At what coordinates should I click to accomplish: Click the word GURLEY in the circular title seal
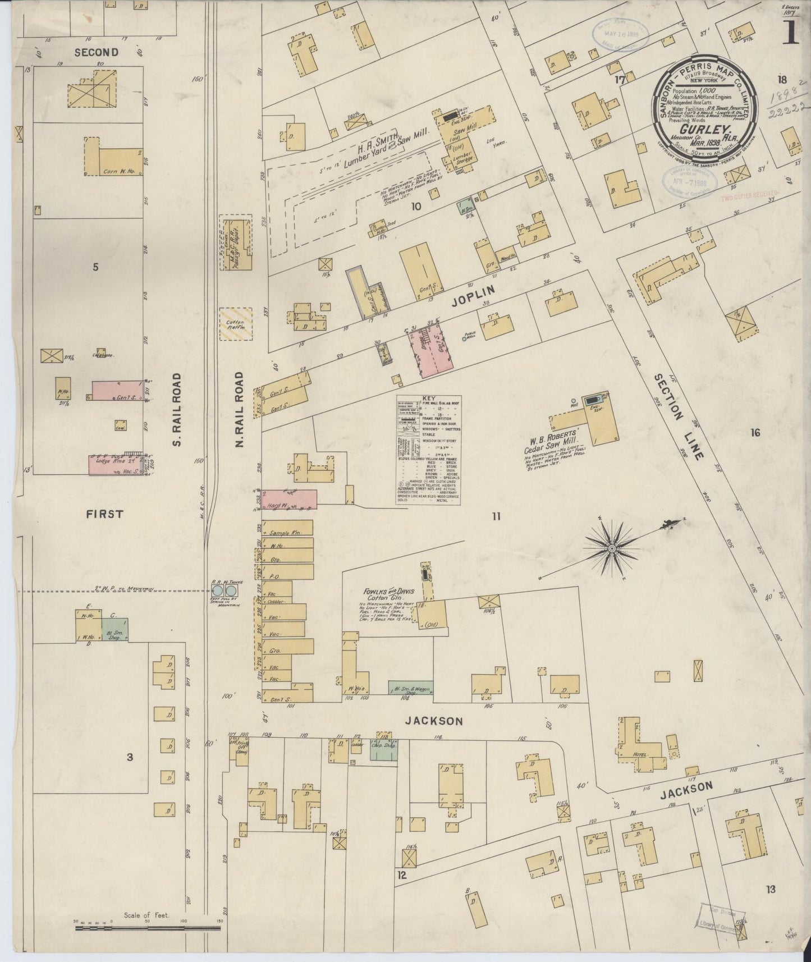tap(702, 127)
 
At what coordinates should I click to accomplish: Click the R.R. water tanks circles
tap(224, 591)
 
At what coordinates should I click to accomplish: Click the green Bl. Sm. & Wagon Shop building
tap(410, 689)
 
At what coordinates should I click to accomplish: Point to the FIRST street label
tap(105, 514)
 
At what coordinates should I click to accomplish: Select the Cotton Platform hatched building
tap(236, 324)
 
